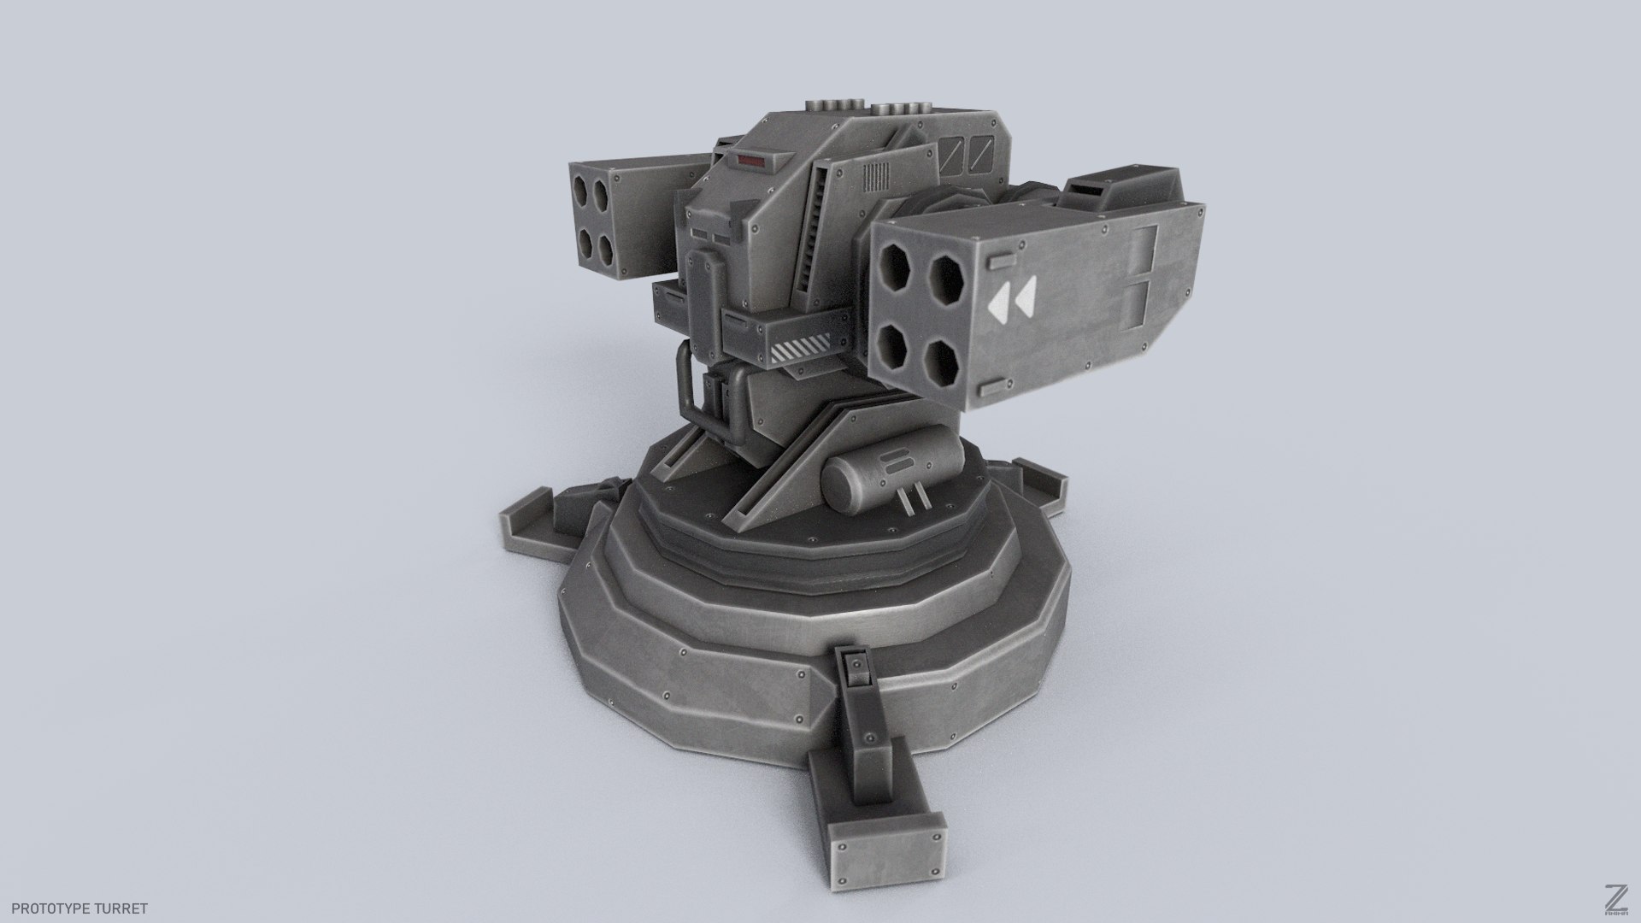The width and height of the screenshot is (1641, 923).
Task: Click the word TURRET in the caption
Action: click(x=124, y=908)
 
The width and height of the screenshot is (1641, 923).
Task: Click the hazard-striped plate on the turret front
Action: click(x=801, y=349)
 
